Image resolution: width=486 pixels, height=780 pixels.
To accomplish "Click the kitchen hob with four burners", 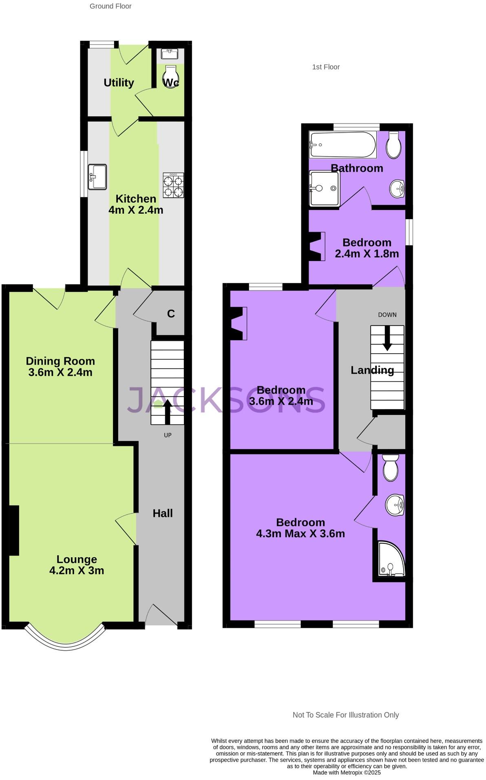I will pyautogui.click(x=173, y=185).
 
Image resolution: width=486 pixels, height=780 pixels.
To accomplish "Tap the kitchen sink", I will pyautogui.click(x=97, y=177).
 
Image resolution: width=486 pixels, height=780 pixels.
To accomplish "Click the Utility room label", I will pyautogui.click(x=119, y=83).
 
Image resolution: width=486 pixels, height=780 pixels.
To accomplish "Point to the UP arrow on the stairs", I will pyautogui.click(x=167, y=411).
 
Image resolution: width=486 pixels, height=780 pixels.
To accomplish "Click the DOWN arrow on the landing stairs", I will pyautogui.click(x=387, y=338).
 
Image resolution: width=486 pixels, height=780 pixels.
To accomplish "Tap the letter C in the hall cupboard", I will pyautogui.click(x=171, y=314).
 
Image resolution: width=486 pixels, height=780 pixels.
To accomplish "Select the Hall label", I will pyautogui.click(x=163, y=513).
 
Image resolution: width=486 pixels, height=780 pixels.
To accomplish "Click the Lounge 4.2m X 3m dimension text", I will pyautogui.click(x=77, y=570).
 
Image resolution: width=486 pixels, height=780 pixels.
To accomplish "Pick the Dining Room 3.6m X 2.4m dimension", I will pyautogui.click(x=60, y=372).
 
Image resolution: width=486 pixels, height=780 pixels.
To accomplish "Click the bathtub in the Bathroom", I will pyautogui.click(x=343, y=144).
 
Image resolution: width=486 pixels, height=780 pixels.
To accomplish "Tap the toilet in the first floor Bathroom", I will pyautogui.click(x=393, y=145).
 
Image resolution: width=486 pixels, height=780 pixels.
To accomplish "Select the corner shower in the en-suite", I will pyautogui.click(x=391, y=558).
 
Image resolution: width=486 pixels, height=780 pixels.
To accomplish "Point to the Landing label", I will pyautogui.click(x=372, y=370).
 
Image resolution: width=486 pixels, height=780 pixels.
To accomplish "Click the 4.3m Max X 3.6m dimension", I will pyautogui.click(x=300, y=534).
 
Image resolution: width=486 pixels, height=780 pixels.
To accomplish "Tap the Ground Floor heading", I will pyautogui.click(x=110, y=6).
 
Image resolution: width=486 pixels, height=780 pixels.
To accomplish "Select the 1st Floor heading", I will pyautogui.click(x=326, y=67).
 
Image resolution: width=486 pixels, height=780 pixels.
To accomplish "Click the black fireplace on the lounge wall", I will pyautogui.click(x=14, y=530).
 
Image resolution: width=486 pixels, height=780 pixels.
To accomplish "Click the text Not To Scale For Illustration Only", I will pyautogui.click(x=346, y=715).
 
